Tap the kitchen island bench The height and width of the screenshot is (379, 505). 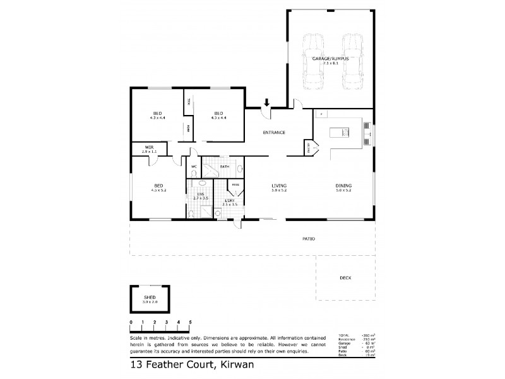pyautogui.click(x=347, y=133)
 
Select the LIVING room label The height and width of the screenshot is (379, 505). pyautogui.click(x=278, y=186)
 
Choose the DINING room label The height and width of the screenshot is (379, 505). pyautogui.click(x=343, y=186)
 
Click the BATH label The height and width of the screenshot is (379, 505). pyautogui.click(x=224, y=167)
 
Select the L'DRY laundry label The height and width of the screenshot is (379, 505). pyautogui.click(x=230, y=202)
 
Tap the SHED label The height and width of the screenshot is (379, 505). pyautogui.click(x=150, y=298)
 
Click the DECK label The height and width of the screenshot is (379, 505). pyautogui.click(x=345, y=278)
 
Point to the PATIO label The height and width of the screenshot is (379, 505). pyautogui.click(x=308, y=239)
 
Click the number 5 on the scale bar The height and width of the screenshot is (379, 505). pyautogui.click(x=189, y=323)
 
